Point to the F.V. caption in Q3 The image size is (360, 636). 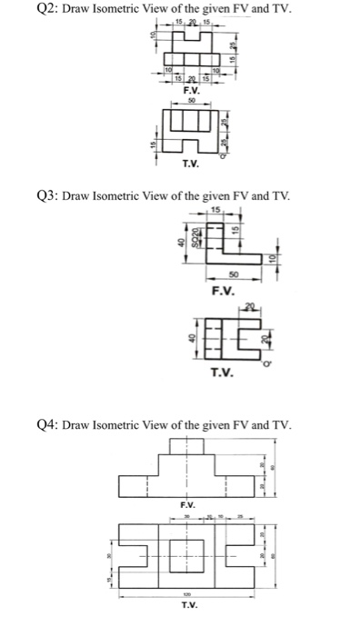click(222, 292)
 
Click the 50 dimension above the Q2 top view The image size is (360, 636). click(190, 102)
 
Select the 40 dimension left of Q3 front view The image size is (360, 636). click(182, 243)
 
